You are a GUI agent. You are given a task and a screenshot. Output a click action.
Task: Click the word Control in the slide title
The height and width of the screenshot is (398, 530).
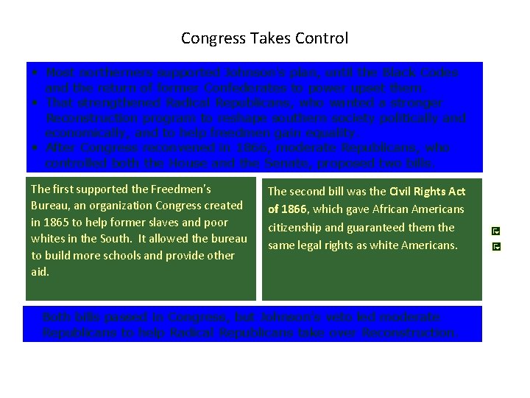click(321, 38)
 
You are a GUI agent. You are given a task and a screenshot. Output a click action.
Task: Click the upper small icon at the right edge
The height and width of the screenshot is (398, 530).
click(496, 231)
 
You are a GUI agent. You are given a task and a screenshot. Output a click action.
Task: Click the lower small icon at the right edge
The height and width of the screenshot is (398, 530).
click(496, 245)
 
